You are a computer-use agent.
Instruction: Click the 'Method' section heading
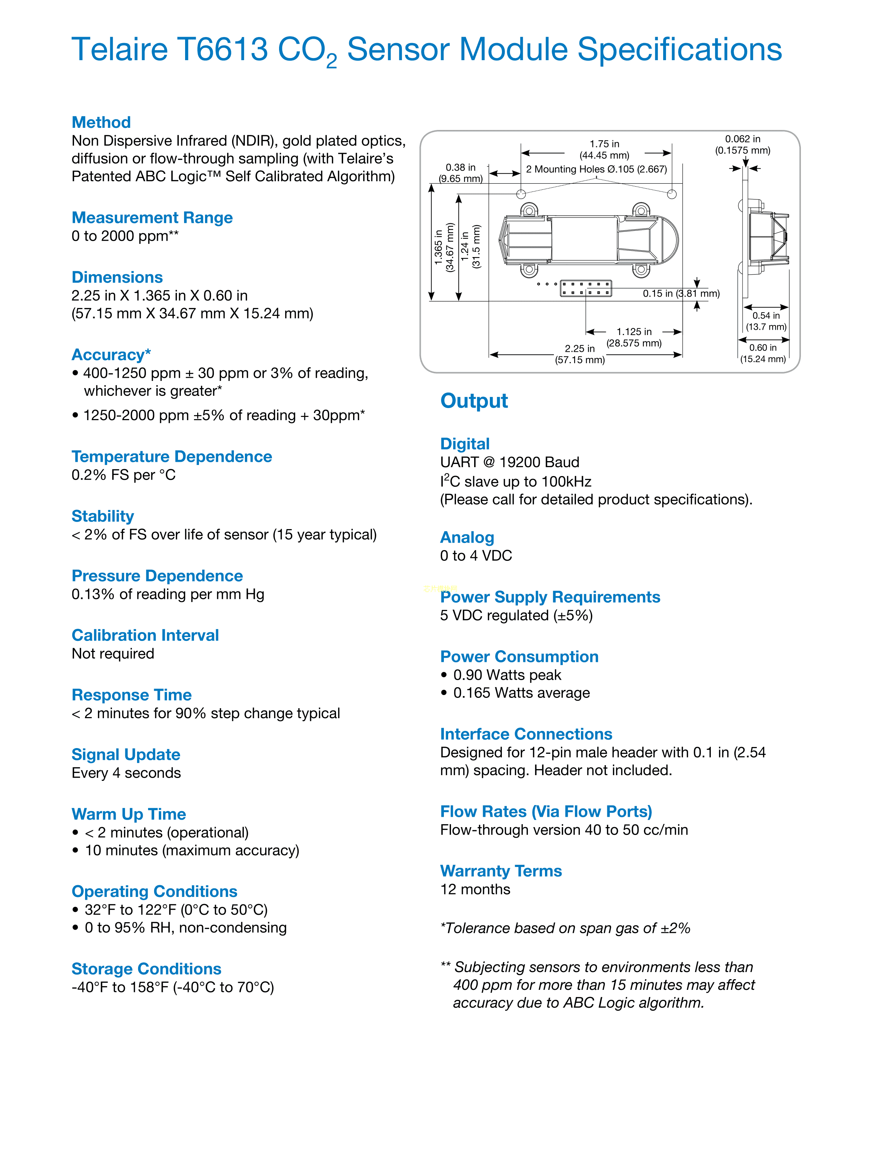(x=101, y=122)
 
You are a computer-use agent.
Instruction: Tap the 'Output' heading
(x=474, y=401)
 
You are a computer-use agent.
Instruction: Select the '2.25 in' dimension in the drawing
(x=580, y=349)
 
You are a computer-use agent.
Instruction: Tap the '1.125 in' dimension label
(x=634, y=331)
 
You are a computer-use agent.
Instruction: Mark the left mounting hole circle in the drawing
(x=521, y=194)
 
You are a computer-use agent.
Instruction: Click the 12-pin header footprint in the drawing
(x=586, y=288)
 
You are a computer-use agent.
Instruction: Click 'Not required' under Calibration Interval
(x=112, y=653)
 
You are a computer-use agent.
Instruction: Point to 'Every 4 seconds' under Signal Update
(x=126, y=773)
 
